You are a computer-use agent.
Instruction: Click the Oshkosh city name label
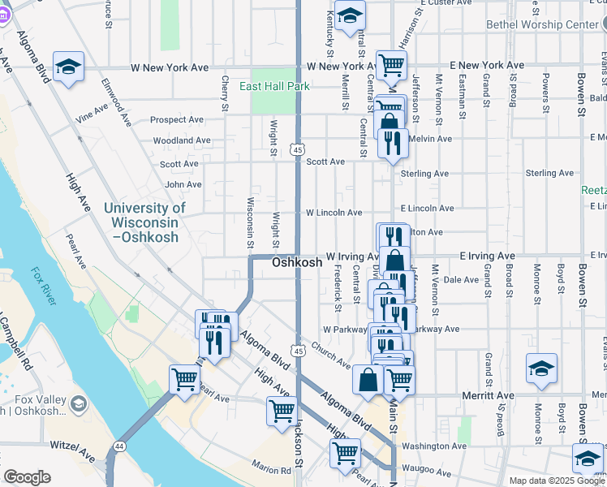pos(297,263)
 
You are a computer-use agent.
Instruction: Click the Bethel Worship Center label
pos(542,24)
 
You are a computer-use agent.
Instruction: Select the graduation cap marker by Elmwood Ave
pos(69,67)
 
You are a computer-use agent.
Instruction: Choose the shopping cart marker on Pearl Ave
pos(185,379)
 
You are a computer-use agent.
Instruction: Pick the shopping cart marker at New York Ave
pos(391,65)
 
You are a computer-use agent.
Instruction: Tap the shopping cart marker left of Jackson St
pos(282,411)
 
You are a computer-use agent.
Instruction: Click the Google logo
pos(27,477)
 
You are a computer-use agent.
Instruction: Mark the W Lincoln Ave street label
pos(334,213)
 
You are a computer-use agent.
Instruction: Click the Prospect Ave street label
pos(177,119)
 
